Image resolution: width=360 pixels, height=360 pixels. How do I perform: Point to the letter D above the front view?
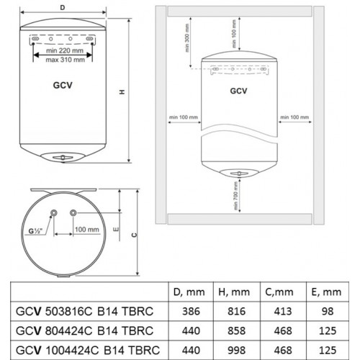[x=63, y=7]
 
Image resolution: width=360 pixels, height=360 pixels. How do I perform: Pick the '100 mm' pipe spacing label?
[x=86, y=230]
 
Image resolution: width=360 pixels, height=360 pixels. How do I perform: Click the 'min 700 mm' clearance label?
[x=235, y=195]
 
